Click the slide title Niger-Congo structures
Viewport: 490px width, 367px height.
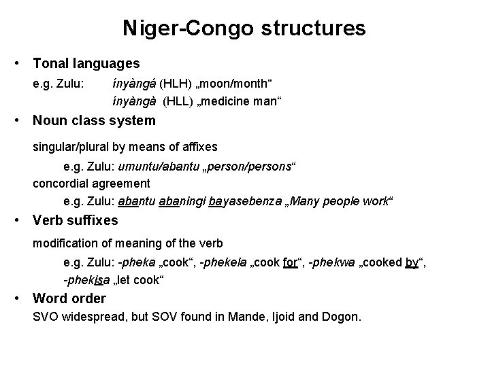coord(244,28)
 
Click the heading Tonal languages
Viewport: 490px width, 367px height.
coord(86,64)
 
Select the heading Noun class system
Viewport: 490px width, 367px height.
coord(94,121)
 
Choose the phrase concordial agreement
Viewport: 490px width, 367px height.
coord(91,183)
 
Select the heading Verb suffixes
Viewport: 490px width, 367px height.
coord(75,220)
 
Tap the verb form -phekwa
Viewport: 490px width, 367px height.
coord(331,262)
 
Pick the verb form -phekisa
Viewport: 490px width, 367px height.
coord(86,280)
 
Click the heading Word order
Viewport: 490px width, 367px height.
coord(69,298)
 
